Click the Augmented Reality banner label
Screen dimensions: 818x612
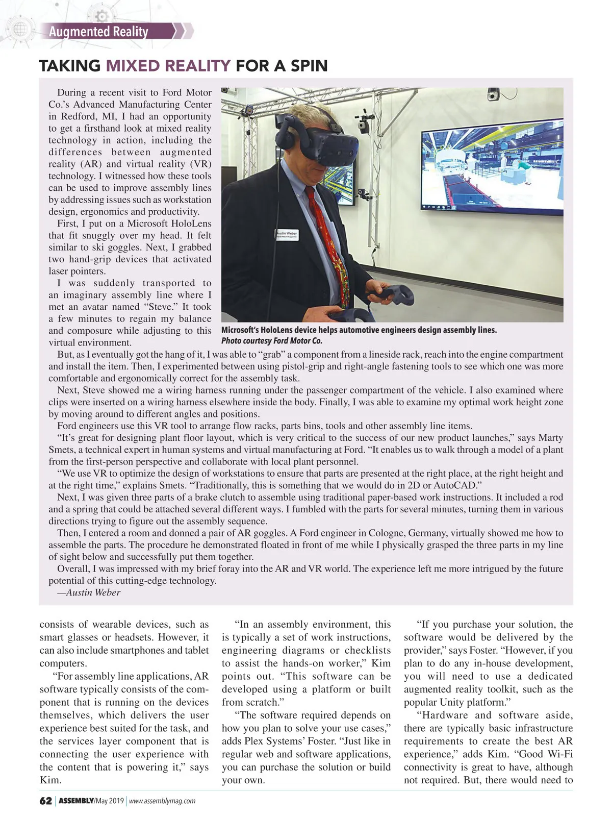[98, 32]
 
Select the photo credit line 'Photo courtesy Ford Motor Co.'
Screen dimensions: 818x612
[272, 341]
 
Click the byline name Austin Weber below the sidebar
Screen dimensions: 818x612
[93, 592]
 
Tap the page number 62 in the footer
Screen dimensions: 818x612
[45, 801]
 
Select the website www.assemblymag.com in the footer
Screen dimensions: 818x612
[162, 801]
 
